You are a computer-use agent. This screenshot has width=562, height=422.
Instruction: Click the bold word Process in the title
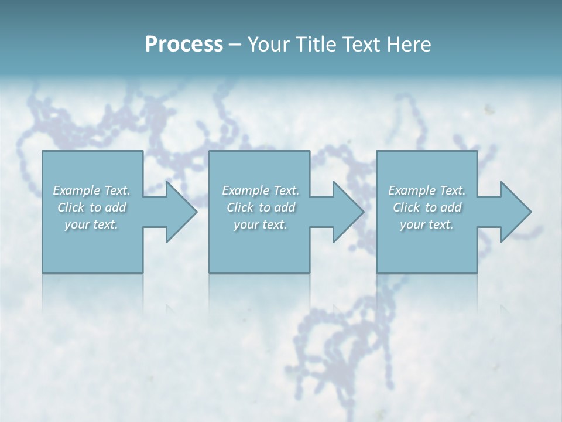pyautogui.click(x=184, y=45)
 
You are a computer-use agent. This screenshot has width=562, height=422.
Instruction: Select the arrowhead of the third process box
pyautogui.click(x=515, y=212)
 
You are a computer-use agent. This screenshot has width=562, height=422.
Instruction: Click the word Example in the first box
pyautogui.click(x=77, y=190)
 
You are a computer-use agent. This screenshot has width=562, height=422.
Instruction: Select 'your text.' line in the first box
pyautogui.click(x=91, y=224)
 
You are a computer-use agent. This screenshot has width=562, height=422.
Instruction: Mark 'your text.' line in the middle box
pyautogui.click(x=260, y=224)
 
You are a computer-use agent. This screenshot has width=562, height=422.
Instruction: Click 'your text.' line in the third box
pyautogui.click(x=427, y=224)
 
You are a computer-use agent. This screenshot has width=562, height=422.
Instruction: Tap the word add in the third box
pyautogui.click(x=451, y=207)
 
